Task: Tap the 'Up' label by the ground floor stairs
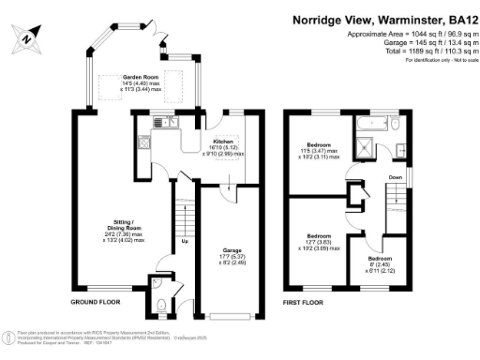(183, 240)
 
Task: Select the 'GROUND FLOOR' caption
(97, 302)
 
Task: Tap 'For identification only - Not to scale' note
(438, 61)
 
